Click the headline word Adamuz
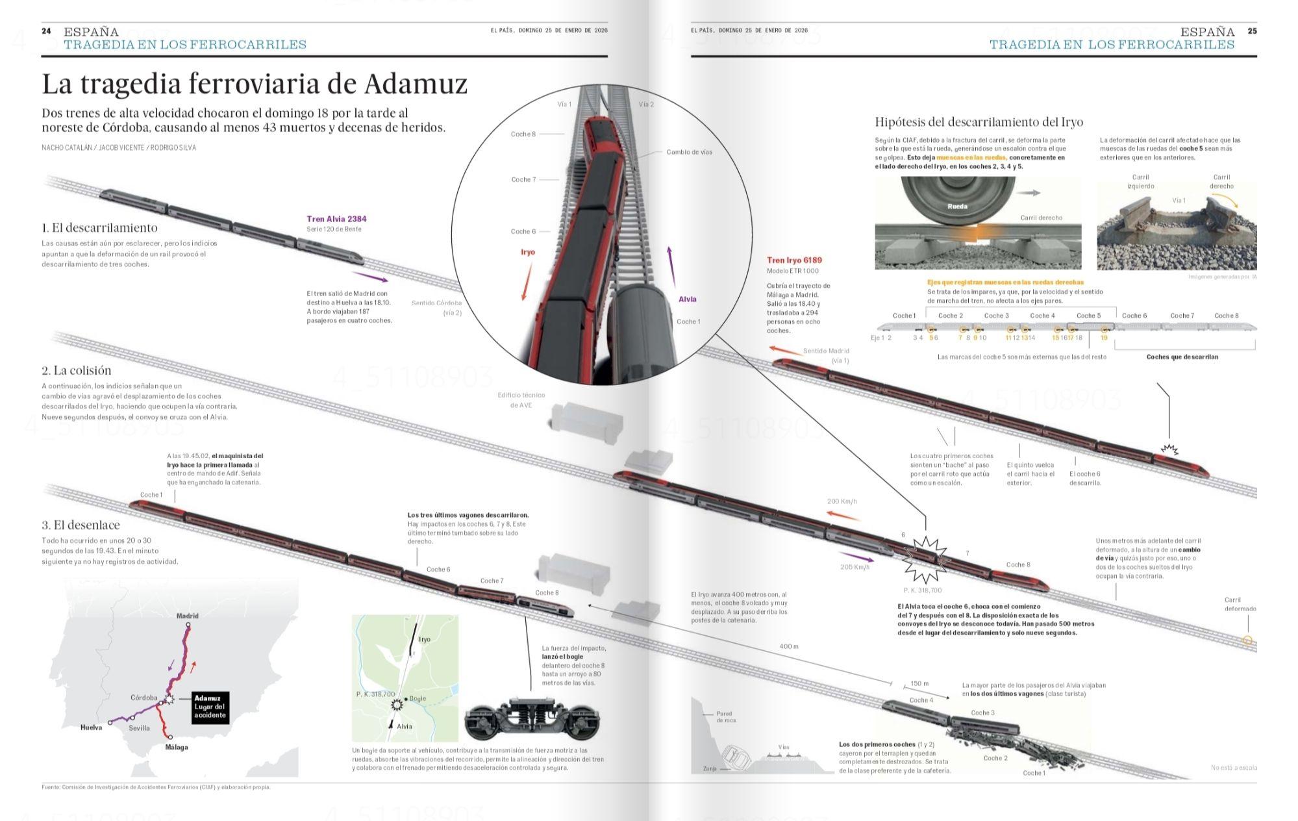[416, 84]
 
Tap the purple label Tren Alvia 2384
[336, 219]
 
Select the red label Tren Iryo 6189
[794, 260]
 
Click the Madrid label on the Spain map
[188, 615]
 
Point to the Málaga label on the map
[177, 747]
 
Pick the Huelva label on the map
[91, 727]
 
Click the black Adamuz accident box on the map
[210, 707]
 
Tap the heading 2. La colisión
[77, 370]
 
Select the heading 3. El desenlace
[81, 525]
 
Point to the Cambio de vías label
[689, 152]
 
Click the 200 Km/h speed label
[842, 501]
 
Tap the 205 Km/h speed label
[855, 567]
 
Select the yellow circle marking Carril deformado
[1247, 640]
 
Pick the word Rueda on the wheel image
[957, 207]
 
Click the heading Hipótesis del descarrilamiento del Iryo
[979, 122]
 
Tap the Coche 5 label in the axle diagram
[1088, 316]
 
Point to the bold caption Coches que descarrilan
[1182, 357]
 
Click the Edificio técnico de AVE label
[521, 399]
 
